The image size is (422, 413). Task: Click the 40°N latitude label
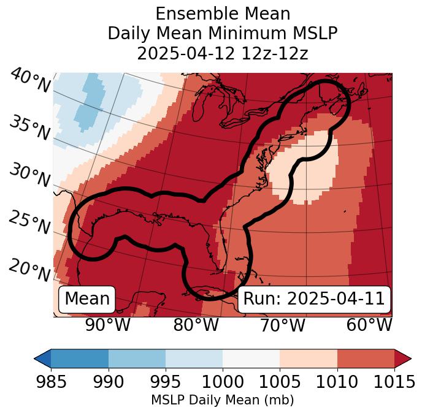30,81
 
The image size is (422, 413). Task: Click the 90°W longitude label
107,325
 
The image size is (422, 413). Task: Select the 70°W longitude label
282,325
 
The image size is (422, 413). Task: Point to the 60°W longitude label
369,325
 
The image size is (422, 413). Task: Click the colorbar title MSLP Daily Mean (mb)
222,401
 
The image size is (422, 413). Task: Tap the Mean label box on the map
87,299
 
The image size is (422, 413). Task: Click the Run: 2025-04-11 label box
314,299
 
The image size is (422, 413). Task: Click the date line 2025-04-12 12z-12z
223,53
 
